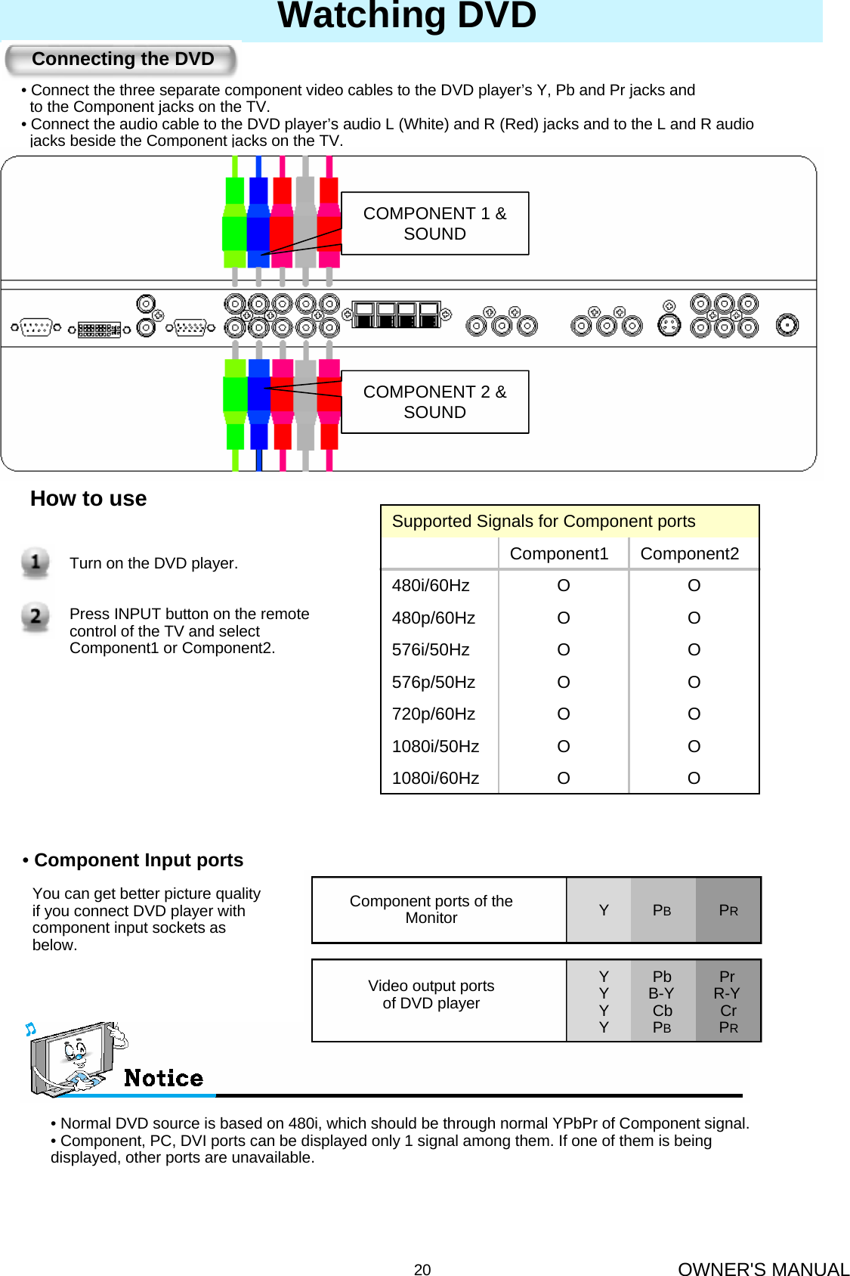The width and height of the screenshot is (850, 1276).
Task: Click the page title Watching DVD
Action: click(407, 16)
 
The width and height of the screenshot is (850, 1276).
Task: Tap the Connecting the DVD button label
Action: click(122, 59)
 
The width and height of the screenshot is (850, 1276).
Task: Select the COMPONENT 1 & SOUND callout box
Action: click(434, 224)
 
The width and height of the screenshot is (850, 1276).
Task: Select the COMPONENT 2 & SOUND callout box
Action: click(434, 402)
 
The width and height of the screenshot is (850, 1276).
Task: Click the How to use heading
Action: click(88, 499)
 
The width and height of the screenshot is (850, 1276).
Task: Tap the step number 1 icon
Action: click(36, 562)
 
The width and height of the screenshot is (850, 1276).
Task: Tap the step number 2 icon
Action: click(36, 617)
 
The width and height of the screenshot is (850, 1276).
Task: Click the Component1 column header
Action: click(559, 554)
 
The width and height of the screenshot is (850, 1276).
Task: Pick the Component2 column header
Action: click(689, 554)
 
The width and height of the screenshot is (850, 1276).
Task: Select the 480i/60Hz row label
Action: click(431, 586)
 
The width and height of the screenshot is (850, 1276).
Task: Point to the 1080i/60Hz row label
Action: click(435, 779)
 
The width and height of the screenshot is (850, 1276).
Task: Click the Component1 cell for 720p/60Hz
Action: click(564, 714)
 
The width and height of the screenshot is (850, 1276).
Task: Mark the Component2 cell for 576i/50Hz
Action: click(694, 650)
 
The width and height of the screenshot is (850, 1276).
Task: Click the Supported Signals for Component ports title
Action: click(543, 522)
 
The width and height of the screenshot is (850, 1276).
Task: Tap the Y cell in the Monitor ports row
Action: click(604, 910)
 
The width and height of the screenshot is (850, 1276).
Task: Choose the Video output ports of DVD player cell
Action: click(431, 995)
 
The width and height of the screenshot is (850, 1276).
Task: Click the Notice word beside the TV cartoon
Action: click(163, 1078)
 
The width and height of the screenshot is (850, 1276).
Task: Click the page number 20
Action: click(422, 1270)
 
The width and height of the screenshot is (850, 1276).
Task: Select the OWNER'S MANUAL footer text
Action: click(763, 1269)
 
